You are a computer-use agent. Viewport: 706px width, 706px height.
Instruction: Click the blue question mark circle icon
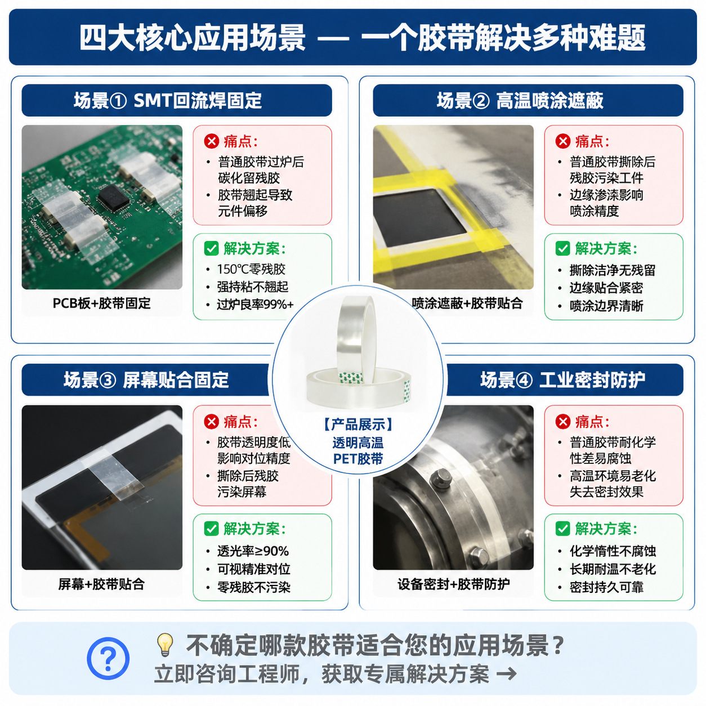[x=108, y=658]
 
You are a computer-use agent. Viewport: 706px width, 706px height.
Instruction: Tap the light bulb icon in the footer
[x=165, y=645]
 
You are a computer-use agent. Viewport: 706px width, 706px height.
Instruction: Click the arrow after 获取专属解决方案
[x=507, y=673]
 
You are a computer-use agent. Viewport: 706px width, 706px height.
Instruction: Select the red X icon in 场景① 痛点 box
[x=211, y=141]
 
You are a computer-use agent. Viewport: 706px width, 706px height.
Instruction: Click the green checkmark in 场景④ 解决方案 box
[x=563, y=529]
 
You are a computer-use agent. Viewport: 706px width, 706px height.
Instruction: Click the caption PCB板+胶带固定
[x=101, y=303]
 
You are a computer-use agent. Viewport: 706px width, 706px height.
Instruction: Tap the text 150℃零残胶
[x=251, y=269]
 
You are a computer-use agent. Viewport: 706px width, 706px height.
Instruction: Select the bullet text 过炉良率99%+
[x=256, y=305]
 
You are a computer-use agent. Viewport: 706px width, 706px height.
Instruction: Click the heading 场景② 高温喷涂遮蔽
[x=520, y=100]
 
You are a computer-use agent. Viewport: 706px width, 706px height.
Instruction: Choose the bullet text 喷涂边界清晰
[x=606, y=306]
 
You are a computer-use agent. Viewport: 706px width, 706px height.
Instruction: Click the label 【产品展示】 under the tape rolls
[x=358, y=425]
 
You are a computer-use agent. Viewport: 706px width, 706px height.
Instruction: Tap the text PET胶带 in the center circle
[x=358, y=459]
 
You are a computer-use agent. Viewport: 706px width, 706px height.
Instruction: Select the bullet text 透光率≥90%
[x=253, y=551]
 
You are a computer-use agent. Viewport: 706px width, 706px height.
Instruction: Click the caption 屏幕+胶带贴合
[x=101, y=584]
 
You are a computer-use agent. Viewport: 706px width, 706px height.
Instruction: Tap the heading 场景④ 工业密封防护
[x=563, y=379]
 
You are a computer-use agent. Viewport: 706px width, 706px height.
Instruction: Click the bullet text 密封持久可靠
[x=606, y=587]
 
